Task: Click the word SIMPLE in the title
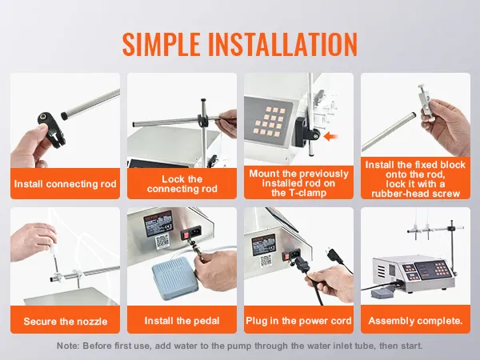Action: [162, 44]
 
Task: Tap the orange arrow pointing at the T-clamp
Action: [330, 137]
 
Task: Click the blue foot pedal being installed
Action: [174, 278]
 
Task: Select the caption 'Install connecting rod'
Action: [66, 184]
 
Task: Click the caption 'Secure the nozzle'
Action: [66, 322]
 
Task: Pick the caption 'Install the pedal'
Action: [182, 321]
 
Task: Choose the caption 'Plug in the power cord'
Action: [298, 321]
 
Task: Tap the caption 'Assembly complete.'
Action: [415, 321]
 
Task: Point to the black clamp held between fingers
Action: [51, 129]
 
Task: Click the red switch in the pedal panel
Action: [186, 235]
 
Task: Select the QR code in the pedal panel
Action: [162, 242]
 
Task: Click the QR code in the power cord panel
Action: [266, 261]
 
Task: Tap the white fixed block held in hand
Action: [424, 101]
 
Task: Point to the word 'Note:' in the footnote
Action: [68, 346]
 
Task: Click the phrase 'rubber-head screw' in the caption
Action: [416, 194]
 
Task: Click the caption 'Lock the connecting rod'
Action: [182, 184]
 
